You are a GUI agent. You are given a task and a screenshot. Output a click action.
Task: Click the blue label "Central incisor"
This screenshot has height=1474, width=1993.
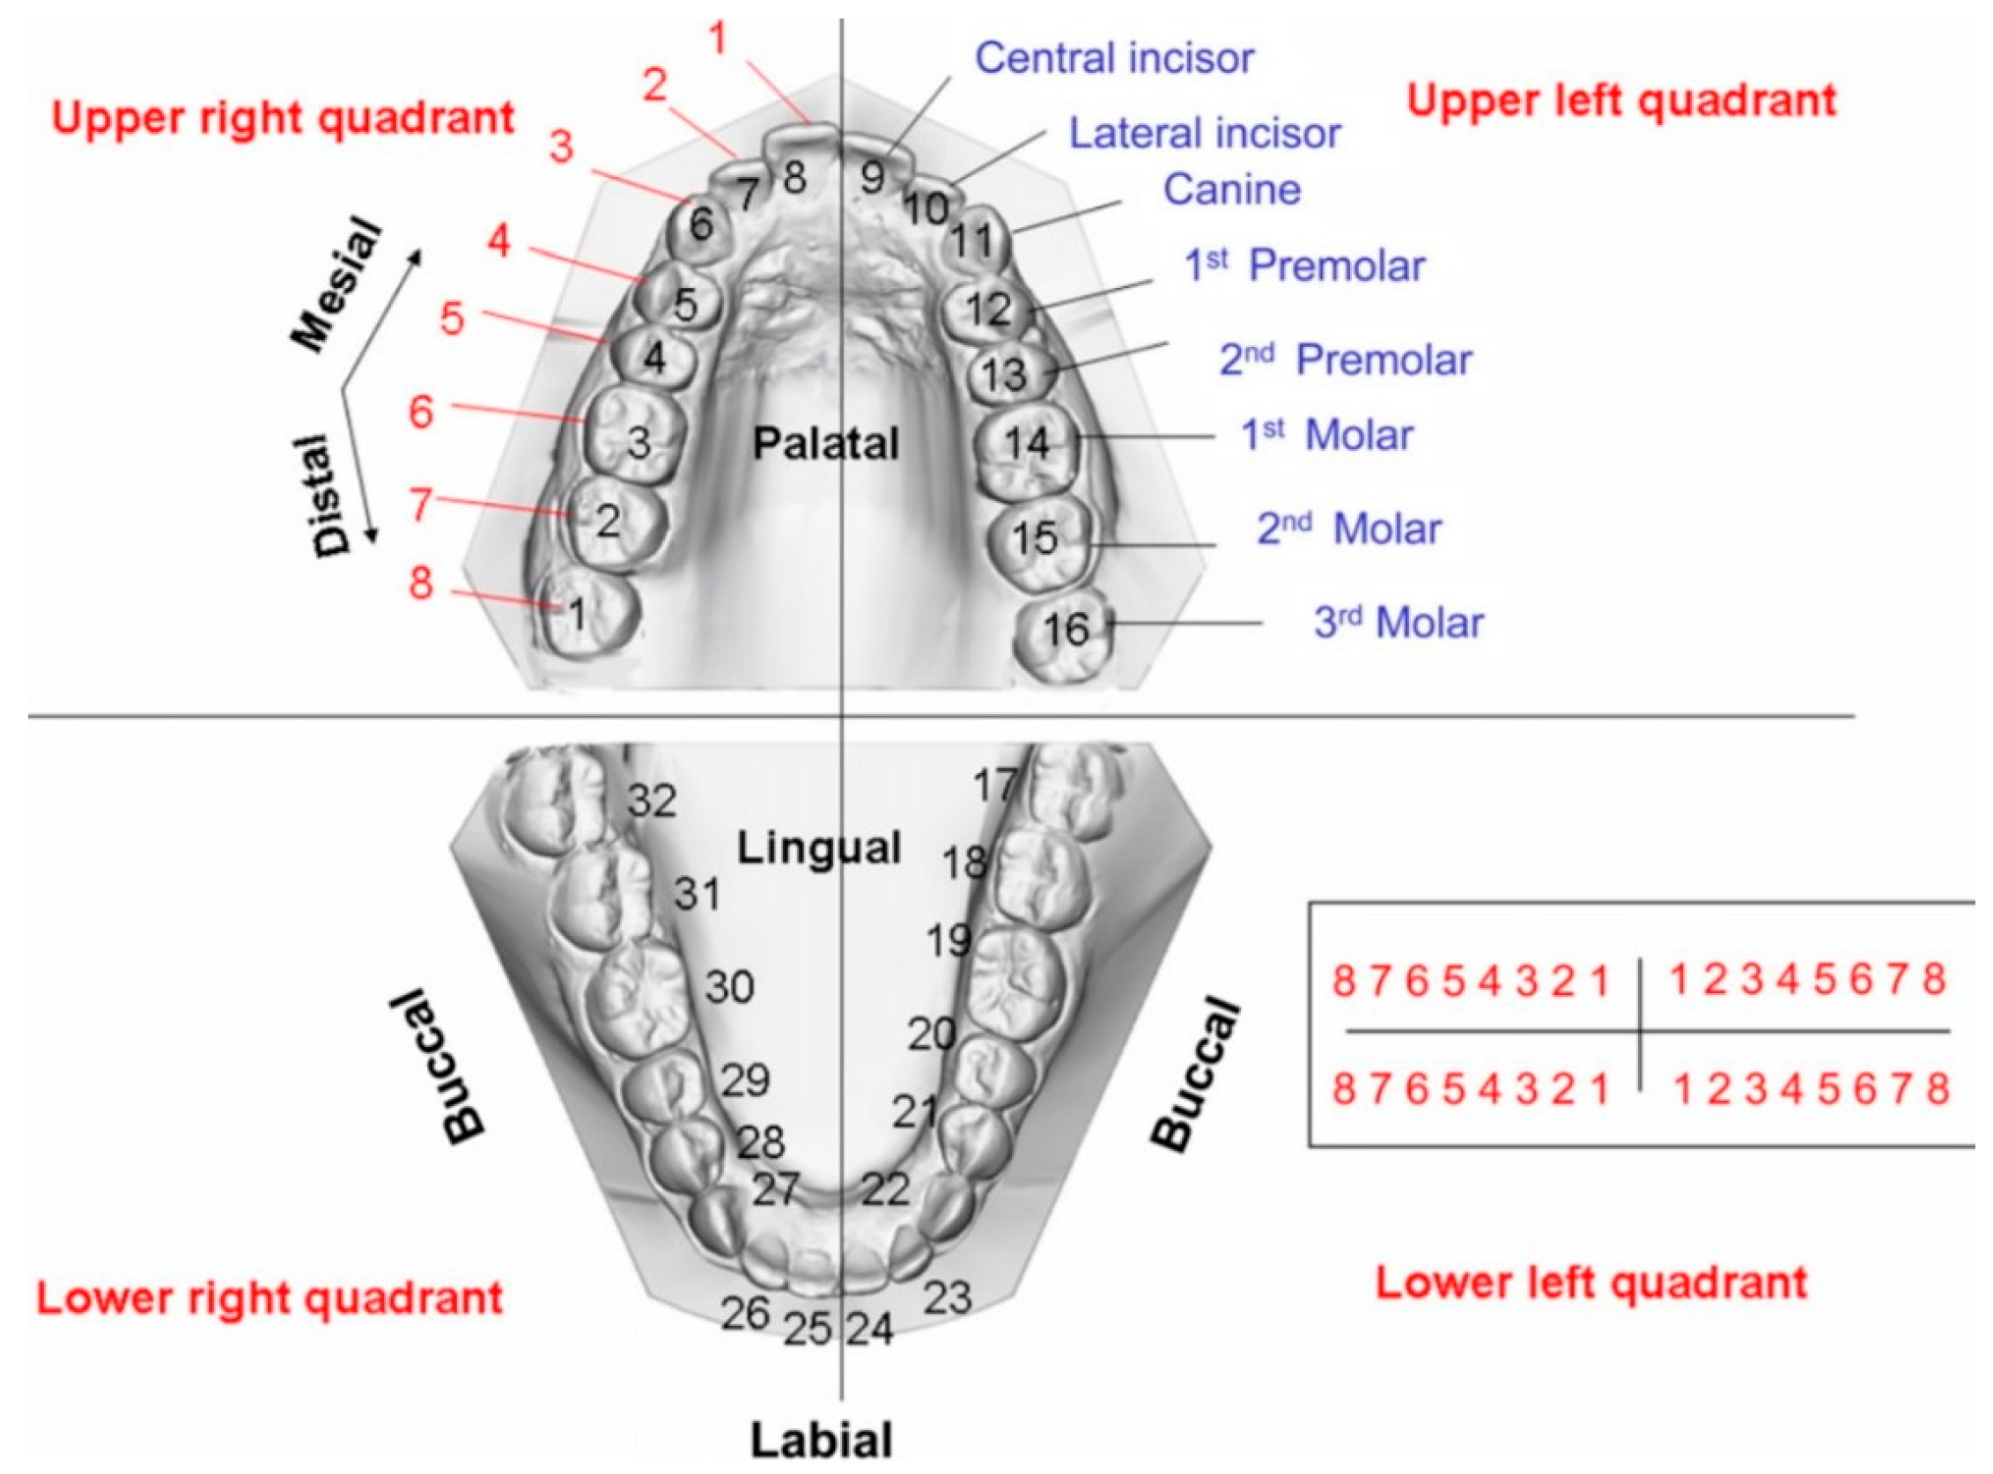tap(1114, 59)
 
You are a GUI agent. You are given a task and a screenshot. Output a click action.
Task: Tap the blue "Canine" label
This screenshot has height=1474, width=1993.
tap(1232, 190)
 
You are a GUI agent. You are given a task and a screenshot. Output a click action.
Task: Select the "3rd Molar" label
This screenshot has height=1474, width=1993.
tap(1398, 623)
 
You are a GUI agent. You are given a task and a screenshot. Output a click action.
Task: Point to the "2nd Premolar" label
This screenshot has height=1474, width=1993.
tap(1345, 360)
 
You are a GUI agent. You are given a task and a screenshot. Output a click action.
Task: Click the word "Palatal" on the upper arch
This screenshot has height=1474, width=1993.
tap(825, 444)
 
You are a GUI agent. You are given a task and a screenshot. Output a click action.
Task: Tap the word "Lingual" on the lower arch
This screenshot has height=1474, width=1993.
tap(818, 848)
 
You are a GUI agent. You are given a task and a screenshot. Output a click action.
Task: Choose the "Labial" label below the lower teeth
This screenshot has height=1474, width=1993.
tap(821, 1439)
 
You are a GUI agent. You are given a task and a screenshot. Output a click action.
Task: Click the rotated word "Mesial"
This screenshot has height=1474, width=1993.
tap(338, 284)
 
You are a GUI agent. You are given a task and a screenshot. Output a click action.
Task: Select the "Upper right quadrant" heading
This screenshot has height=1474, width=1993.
tap(283, 118)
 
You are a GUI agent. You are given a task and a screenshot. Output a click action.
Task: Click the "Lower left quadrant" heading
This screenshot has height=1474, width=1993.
tap(1591, 1283)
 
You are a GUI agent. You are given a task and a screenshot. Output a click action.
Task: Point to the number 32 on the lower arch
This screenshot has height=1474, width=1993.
tap(653, 800)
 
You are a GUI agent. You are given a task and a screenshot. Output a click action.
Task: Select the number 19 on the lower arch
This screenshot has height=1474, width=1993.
tap(949, 940)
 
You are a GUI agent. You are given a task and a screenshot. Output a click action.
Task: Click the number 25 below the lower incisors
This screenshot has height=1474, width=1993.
tap(808, 1330)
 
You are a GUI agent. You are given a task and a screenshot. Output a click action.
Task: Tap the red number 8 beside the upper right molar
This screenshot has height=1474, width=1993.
tap(420, 584)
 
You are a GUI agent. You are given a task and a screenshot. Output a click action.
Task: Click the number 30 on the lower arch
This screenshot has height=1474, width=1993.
tap(730, 987)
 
